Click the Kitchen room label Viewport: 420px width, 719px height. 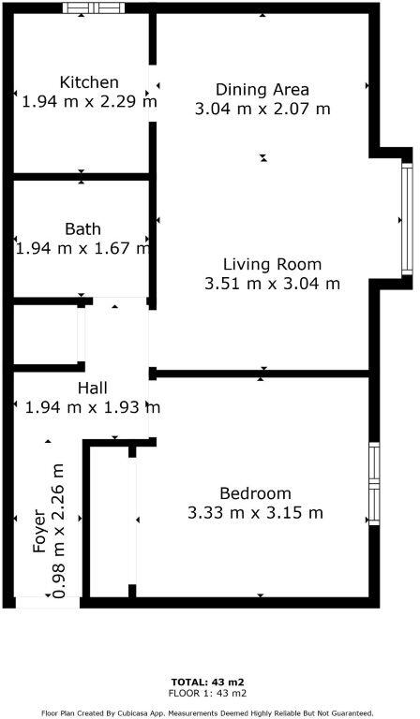point(89,82)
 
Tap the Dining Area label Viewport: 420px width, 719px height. point(262,90)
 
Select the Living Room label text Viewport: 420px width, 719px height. point(272,264)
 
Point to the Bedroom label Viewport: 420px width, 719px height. point(255,493)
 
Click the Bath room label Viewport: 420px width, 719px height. point(82,229)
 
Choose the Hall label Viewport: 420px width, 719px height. point(92,388)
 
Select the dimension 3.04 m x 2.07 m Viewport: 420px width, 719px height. point(262,109)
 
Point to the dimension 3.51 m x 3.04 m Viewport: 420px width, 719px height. point(272,283)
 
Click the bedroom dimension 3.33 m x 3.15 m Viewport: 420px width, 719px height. point(255,512)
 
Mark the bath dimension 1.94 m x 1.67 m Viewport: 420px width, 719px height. point(82,248)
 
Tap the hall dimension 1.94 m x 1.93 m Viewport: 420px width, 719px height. point(92,407)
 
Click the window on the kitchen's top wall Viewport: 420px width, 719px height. point(94,8)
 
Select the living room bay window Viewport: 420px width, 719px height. point(407,219)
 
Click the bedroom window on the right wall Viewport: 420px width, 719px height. point(374,483)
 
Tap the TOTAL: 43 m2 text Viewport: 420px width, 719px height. point(208,682)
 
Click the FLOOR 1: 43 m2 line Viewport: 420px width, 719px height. point(208,693)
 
